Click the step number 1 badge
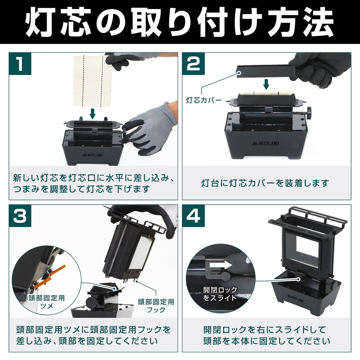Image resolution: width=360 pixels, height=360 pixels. [x=20, y=64]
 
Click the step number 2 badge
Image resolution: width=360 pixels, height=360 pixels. [x=193, y=64]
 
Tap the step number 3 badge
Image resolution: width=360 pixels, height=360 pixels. [x=20, y=216]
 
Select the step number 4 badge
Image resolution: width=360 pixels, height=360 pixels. [x=193, y=216]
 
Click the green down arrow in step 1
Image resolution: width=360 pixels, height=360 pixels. [x=93, y=114]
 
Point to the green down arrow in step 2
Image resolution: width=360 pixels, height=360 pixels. [x=266, y=84]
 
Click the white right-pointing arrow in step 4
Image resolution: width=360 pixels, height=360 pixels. [x=221, y=265]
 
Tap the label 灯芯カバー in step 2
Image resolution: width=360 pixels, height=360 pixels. [x=204, y=100]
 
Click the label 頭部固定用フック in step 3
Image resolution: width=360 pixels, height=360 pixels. [x=156, y=306]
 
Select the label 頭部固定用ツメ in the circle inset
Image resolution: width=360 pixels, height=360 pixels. [x=46, y=302]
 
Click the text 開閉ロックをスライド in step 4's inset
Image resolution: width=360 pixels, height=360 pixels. [x=220, y=294]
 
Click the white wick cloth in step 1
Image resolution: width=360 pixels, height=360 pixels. [x=93, y=81]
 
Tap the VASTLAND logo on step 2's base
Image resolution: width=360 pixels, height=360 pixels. [x=265, y=144]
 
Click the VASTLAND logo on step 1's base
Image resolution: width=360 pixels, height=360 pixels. [x=93, y=155]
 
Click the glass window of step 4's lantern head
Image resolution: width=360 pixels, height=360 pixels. [x=302, y=250]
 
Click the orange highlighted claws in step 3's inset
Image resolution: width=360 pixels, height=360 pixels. [x=49, y=276]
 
